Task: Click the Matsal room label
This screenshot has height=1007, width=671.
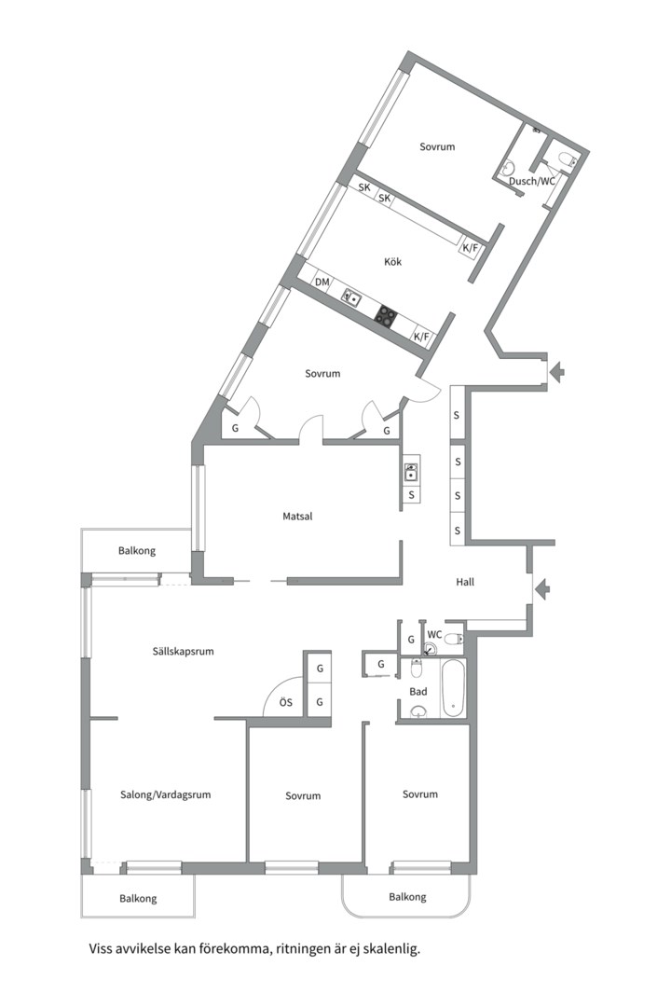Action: [297, 516]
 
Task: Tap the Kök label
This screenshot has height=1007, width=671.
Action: [393, 261]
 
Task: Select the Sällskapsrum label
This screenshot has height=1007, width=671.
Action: [183, 651]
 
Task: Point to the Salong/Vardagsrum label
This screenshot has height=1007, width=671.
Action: [166, 794]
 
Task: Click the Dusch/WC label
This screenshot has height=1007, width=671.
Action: [531, 181]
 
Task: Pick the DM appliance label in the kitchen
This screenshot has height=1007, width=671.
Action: [322, 282]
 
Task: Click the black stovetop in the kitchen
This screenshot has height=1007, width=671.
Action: [387, 315]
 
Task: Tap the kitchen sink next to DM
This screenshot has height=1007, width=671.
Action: [351, 297]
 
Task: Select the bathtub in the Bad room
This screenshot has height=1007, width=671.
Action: [452, 688]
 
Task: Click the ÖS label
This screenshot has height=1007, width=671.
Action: [286, 702]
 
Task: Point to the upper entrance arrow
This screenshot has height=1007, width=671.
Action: [556, 371]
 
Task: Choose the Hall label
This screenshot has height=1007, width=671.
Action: [465, 582]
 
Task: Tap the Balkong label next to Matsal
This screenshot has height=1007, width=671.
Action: [137, 550]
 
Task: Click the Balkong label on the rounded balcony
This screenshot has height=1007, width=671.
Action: [407, 897]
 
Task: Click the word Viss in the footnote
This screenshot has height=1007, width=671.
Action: [100, 948]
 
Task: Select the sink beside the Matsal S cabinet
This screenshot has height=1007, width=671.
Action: [411, 472]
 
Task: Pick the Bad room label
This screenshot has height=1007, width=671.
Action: [418, 692]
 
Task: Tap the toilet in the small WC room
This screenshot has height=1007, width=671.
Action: [453, 639]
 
